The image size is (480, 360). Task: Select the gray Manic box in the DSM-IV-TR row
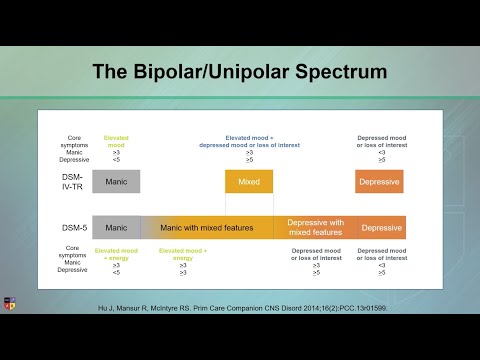116,181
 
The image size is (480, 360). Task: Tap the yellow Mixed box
249,182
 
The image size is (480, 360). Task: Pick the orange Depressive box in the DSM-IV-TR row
379,182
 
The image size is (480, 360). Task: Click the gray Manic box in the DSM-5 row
116,227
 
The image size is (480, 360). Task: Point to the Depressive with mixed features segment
316,227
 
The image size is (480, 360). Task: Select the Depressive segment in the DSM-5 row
381,228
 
